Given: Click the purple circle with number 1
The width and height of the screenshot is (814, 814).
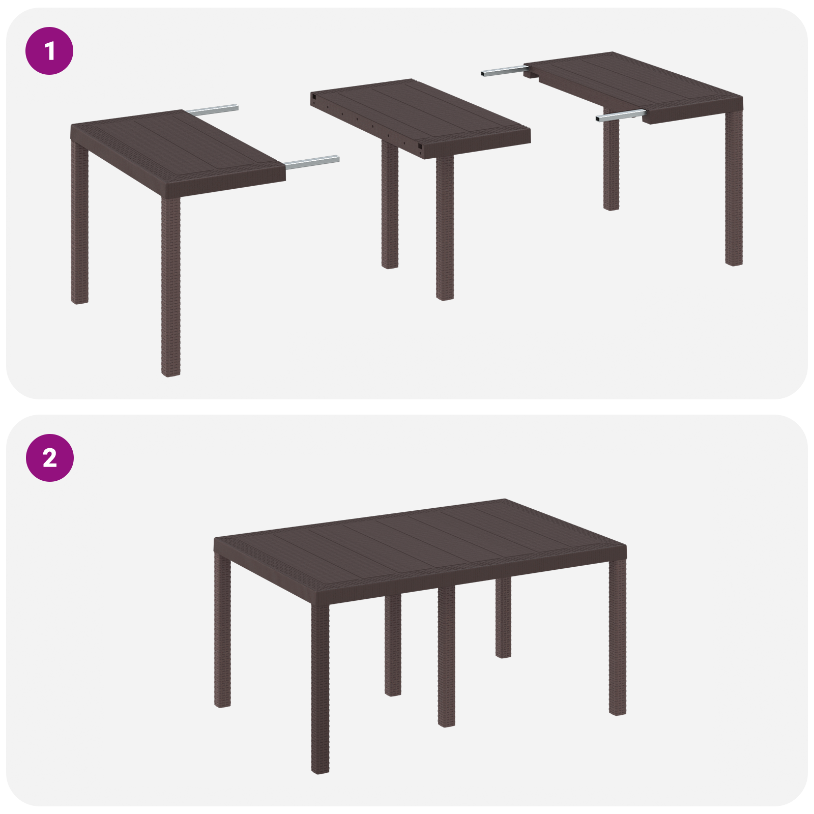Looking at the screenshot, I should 49,51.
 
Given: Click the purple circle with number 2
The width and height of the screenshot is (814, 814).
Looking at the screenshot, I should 49,457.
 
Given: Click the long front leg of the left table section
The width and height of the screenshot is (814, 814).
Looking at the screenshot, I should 170,285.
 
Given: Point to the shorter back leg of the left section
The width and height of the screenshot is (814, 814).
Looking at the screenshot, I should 79,224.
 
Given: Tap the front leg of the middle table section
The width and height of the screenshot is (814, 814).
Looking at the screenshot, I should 445,229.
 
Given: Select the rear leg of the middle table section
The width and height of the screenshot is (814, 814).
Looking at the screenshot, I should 390,203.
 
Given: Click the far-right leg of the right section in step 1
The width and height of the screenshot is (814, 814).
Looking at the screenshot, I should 734,188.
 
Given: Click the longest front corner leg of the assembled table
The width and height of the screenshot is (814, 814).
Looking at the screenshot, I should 320,687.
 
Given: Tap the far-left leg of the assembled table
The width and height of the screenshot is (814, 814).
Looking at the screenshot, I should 222,631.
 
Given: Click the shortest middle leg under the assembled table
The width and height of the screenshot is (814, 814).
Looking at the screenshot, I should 503,618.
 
